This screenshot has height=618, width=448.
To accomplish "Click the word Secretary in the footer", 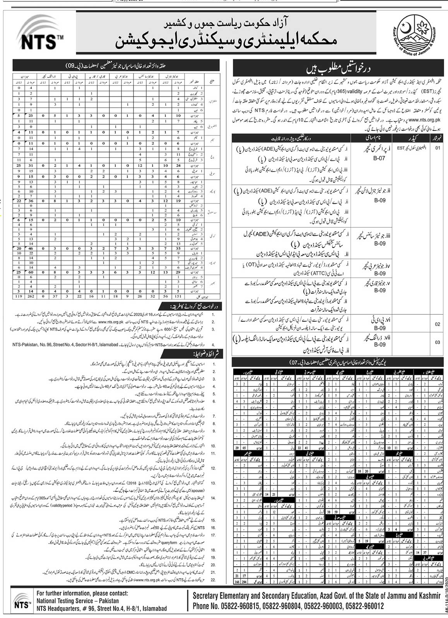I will [x=209, y=595].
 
